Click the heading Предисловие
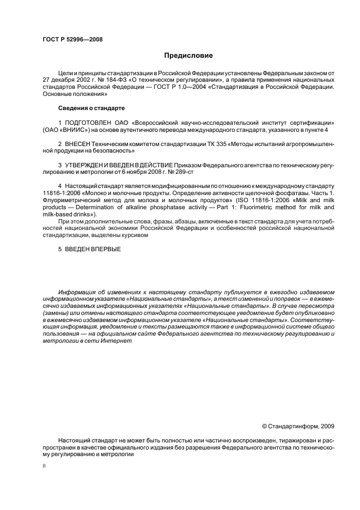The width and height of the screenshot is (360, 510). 189,56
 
